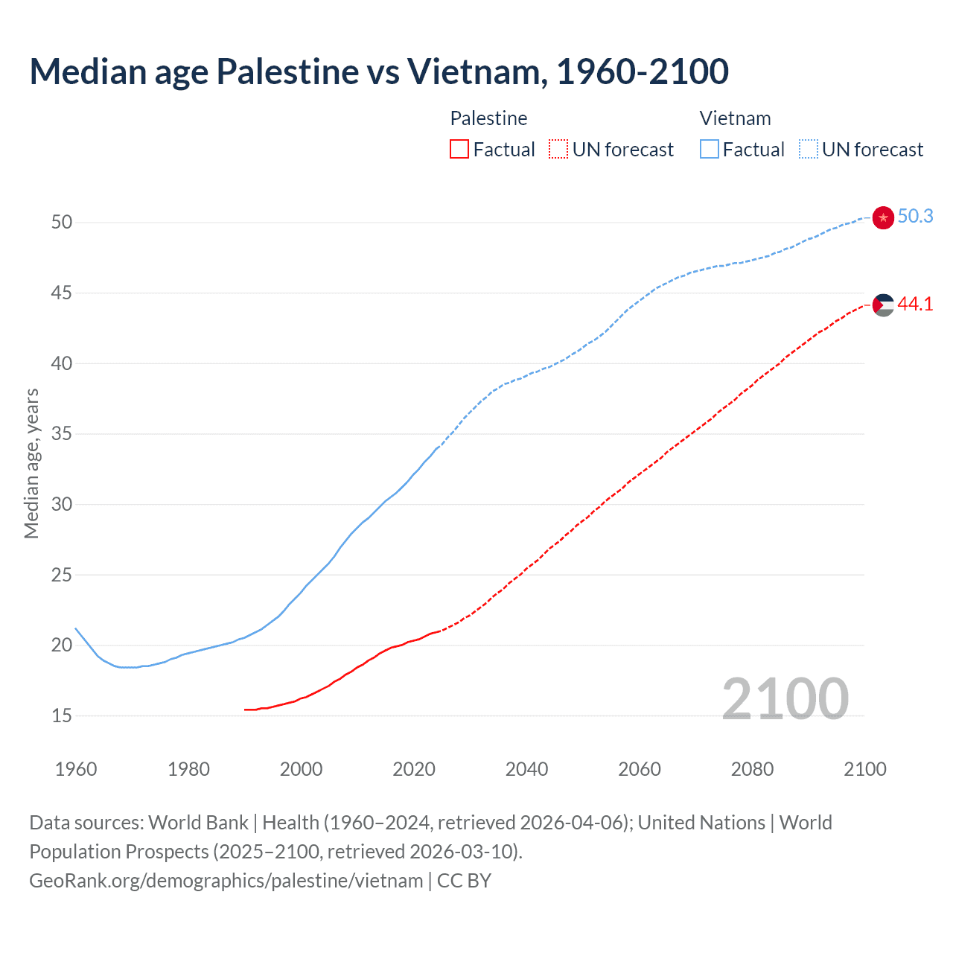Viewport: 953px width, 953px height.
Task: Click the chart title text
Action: (x=379, y=71)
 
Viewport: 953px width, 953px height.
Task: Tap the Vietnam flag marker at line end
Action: (x=883, y=217)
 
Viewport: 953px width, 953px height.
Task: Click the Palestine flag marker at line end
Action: (x=883, y=305)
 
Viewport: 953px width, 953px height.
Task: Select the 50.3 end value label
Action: (x=915, y=216)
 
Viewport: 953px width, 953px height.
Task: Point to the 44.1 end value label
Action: (x=915, y=304)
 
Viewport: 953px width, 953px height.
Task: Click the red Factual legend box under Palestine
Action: (x=459, y=149)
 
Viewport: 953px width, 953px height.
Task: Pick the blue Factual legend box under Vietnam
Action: (x=709, y=149)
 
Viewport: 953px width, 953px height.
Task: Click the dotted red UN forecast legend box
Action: (x=558, y=149)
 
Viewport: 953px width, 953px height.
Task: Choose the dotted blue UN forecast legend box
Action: (x=809, y=149)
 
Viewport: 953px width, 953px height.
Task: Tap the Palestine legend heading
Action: (x=488, y=118)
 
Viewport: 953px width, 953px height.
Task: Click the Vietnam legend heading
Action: (x=735, y=118)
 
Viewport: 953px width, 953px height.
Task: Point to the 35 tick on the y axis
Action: (x=62, y=433)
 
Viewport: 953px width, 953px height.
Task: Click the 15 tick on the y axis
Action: (x=62, y=715)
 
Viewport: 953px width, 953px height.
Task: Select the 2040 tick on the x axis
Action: (x=526, y=769)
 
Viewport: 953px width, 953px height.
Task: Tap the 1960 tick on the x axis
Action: (x=76, y=769)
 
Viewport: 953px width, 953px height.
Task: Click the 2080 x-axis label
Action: (x=752, y=769)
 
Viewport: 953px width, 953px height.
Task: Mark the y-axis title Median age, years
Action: (x=31, y=463)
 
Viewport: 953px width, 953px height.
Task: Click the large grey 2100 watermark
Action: (x=785, y=698)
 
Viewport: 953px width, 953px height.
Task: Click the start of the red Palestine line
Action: (x=246, y=710)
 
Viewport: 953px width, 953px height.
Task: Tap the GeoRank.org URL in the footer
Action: (x=226, y=881)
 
